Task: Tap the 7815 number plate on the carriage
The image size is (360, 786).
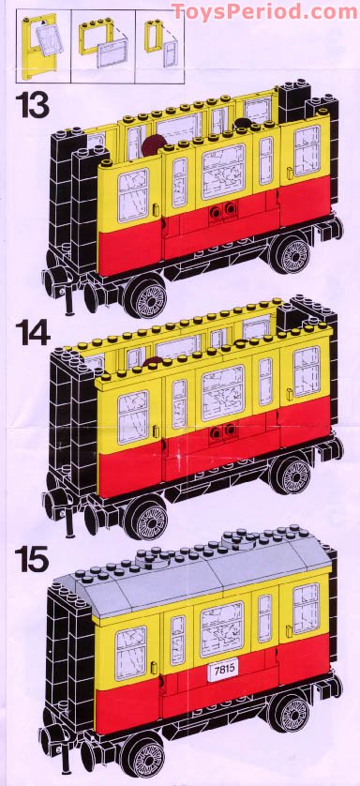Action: pyautogui.click(x=223, y=670)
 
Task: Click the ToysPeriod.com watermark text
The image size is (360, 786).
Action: pyautogui.click(x=265, y=11)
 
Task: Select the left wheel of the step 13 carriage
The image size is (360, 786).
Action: pyautogui.click(x=147, y=297)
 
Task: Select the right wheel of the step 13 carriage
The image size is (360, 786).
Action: pyautogui.click(x=292, y=253)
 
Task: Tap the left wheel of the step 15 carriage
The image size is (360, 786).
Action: pyautogui.click(x=147, y=755)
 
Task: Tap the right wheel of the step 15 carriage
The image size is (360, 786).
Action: pyautogui.click(x=292, y=710)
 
